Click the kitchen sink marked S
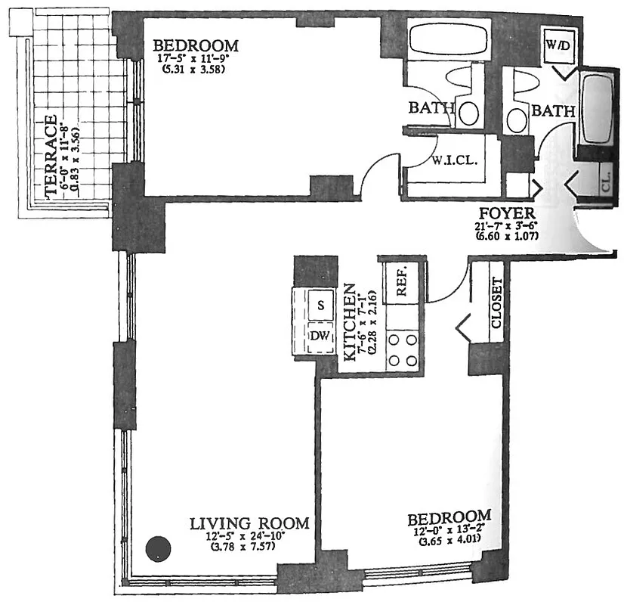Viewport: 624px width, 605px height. point(320,306)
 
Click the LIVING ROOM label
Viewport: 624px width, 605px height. point(249,523)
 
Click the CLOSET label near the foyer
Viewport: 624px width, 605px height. point(496,302)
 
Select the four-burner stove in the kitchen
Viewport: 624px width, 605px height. point(402,349)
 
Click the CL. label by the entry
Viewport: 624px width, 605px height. point(607,182)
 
